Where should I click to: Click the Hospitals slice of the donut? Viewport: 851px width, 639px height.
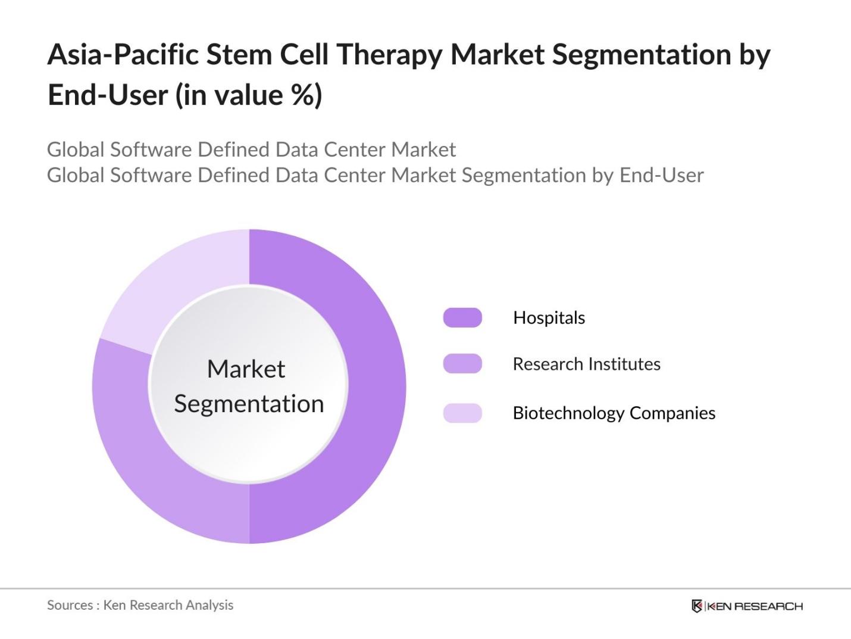[375, 387]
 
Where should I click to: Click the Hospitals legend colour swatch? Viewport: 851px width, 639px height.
[462, 317]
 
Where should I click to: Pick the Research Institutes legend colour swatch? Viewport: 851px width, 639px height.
[462, 363]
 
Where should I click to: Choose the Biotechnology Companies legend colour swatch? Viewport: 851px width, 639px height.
[462, 413]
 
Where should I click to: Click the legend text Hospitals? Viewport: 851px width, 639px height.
[549, 317]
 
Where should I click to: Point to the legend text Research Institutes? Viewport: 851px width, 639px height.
[586, 364]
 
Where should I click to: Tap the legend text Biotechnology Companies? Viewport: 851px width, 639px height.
[614, 413]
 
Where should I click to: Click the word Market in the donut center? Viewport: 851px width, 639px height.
[246, 369]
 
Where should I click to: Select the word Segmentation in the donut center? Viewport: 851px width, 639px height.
[249, 404]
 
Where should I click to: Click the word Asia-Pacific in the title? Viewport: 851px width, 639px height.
[123, 55]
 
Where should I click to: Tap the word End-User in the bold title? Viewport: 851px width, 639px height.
[107, 95]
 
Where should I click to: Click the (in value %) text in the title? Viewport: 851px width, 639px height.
[249, 95]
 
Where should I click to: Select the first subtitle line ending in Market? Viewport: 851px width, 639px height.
[251, 149]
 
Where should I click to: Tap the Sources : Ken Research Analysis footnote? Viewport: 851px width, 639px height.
[140, 605]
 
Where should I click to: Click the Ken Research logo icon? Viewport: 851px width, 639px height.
[697, 606]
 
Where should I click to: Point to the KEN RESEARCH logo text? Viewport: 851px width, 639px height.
[755, 606]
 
